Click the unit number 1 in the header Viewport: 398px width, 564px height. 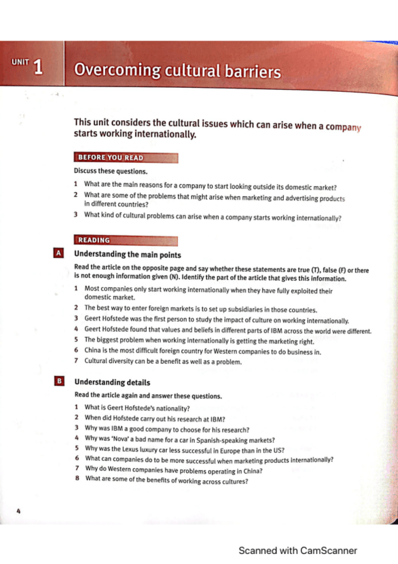pyautogui.click(x=38, y=67)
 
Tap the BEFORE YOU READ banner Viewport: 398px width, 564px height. pyautogui.click(x=111, y=158)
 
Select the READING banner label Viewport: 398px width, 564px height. pyautogui.click(x=94, y=240)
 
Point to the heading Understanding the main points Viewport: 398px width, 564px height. pyautogui.click(x=127, y=254)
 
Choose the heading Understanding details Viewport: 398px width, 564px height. pyautogui.click(x=112, y=382)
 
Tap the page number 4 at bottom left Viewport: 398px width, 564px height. pyautogui.click(x=19, y=511)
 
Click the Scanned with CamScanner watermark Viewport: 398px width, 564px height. pyautogui.click(x=298, y=550)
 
